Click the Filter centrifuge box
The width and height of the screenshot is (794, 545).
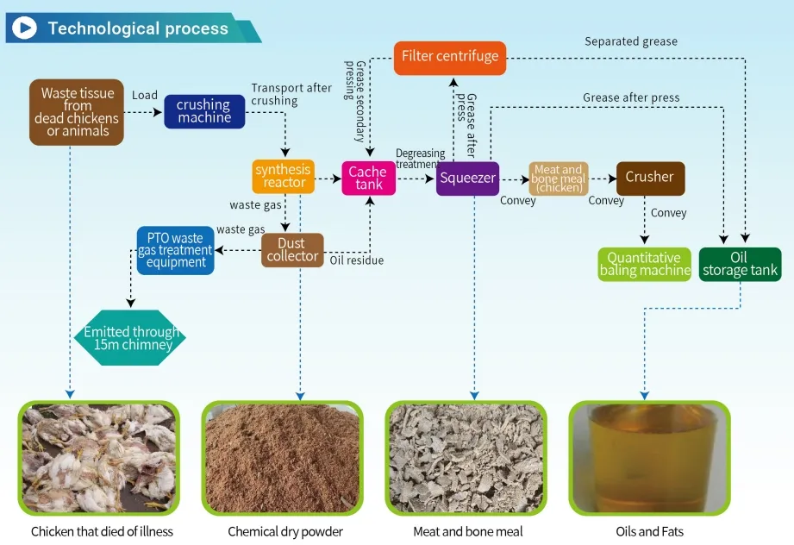click(450, 57)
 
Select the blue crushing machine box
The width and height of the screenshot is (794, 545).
click(203, 111)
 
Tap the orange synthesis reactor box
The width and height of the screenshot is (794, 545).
click(284, 176)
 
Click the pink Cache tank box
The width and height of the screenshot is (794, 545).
click(368, 179)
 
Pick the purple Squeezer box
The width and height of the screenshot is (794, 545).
click(467, 179)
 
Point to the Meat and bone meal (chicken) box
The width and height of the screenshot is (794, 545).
click(558, 179)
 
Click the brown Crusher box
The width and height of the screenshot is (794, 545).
click(649, 178)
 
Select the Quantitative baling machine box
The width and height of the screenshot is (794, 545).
click(644, 264)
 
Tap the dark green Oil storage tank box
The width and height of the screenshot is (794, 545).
click(739, 264)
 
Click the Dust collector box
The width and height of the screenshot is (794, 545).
click(292, 250)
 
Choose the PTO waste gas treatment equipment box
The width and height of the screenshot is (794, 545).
click(175, 250)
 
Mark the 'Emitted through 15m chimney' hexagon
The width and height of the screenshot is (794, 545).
click(130, 337)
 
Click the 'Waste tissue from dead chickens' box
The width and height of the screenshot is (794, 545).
click(77, 112)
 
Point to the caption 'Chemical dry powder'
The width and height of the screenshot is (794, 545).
click(285, 531)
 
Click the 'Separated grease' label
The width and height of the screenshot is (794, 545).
click(631, 41)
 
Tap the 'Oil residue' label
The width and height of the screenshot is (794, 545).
click(357, 260)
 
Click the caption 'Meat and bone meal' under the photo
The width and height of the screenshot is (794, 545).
click(467, 531)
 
